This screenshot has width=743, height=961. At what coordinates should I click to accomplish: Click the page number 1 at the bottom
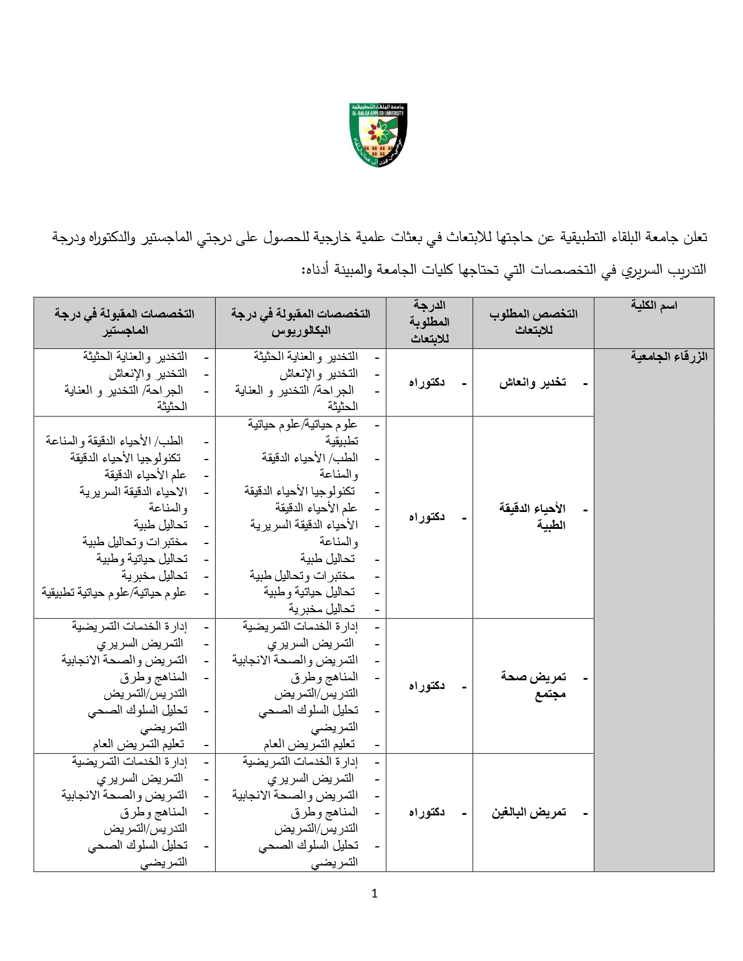pos(374,893)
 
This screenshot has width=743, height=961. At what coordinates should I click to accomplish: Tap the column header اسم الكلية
pos(654,305)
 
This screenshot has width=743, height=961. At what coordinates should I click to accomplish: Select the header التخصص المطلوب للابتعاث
pos(533,321)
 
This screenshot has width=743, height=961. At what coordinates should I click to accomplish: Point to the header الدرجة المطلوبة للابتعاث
pos(429,322)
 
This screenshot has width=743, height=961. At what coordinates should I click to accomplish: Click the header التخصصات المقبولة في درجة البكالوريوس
pos(301,321)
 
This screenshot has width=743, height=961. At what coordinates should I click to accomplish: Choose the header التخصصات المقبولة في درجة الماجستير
pos(124,321)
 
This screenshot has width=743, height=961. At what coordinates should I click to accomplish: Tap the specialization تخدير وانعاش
pos(533,383)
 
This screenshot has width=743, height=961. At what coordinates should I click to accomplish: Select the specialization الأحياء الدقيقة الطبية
pos(533,517)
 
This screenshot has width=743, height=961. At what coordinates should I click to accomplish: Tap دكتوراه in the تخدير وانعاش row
pos(427,383)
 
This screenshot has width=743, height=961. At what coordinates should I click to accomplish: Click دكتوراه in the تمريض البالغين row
pos(427,812)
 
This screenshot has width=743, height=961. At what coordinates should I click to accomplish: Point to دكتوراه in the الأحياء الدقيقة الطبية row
pos(427,517)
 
